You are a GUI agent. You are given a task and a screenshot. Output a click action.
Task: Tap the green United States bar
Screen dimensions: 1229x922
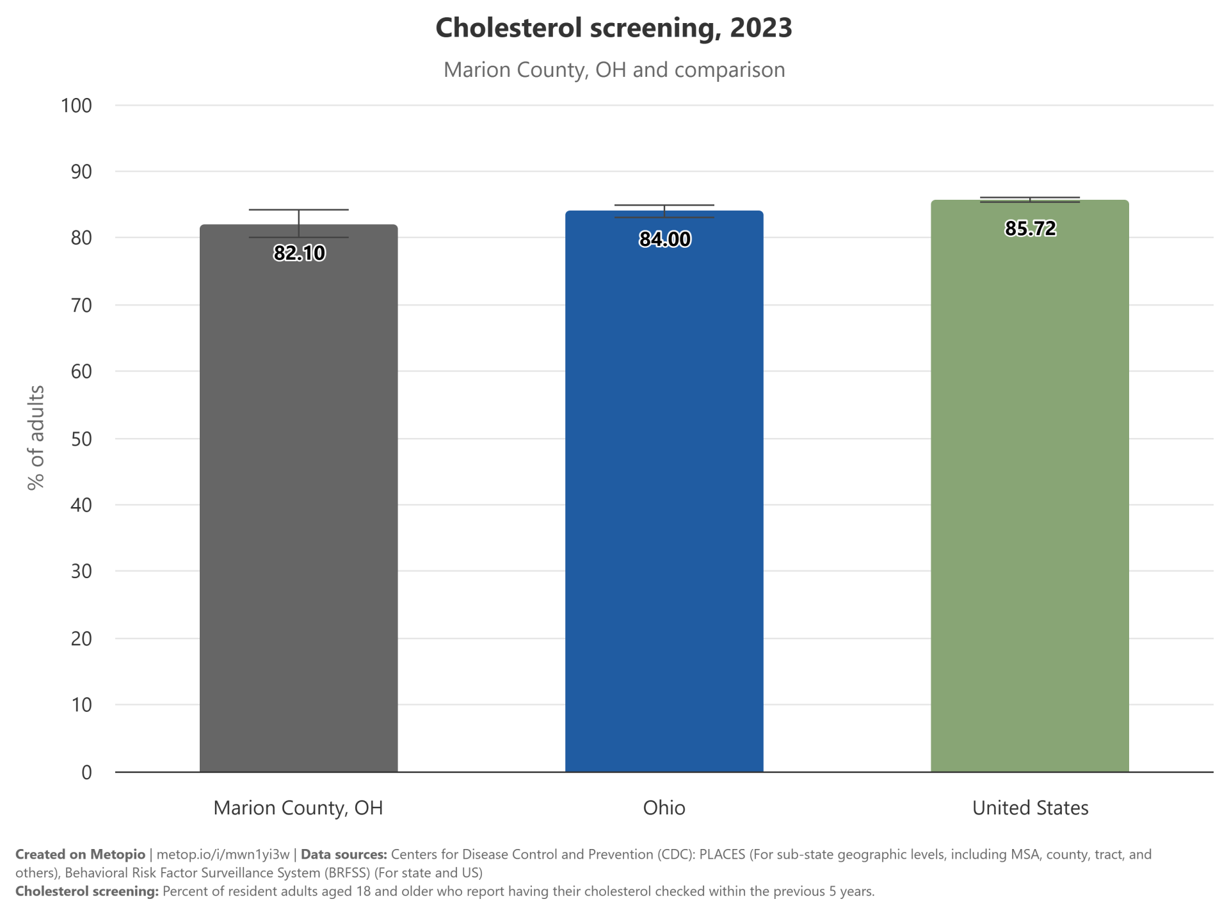1029,486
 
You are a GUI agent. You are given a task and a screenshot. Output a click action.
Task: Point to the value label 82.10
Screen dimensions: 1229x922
299,253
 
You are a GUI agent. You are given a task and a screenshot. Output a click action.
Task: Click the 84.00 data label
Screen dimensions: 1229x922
664,239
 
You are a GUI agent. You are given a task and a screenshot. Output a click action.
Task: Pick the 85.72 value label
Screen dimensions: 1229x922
1030,228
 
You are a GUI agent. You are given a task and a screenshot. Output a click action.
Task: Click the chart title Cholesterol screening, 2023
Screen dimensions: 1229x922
614,28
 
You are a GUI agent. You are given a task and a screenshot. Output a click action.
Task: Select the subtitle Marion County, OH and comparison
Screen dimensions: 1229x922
614,70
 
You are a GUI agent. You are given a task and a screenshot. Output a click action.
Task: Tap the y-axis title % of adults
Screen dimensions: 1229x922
36,437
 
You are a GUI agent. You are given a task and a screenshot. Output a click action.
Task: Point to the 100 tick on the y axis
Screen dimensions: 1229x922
76,106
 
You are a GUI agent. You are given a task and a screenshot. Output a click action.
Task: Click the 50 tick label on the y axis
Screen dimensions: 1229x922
81,439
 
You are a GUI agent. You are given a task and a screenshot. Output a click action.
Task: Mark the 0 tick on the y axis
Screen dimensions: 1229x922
86,772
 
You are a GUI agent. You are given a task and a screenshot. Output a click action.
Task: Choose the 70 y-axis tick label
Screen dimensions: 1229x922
81,305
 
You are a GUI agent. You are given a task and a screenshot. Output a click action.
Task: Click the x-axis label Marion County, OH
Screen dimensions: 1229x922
298,808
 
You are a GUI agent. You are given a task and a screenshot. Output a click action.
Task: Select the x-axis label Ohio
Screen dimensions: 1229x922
664,808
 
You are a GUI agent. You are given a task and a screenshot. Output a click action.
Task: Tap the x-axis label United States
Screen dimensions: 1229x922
1030,808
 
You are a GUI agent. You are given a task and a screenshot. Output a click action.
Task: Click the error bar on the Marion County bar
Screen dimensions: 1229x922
299,223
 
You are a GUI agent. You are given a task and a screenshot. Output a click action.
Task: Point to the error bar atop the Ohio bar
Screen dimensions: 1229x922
664,211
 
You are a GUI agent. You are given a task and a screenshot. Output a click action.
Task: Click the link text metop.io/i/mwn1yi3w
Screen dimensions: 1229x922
223,854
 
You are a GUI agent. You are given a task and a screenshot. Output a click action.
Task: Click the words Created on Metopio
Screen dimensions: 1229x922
80,854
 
